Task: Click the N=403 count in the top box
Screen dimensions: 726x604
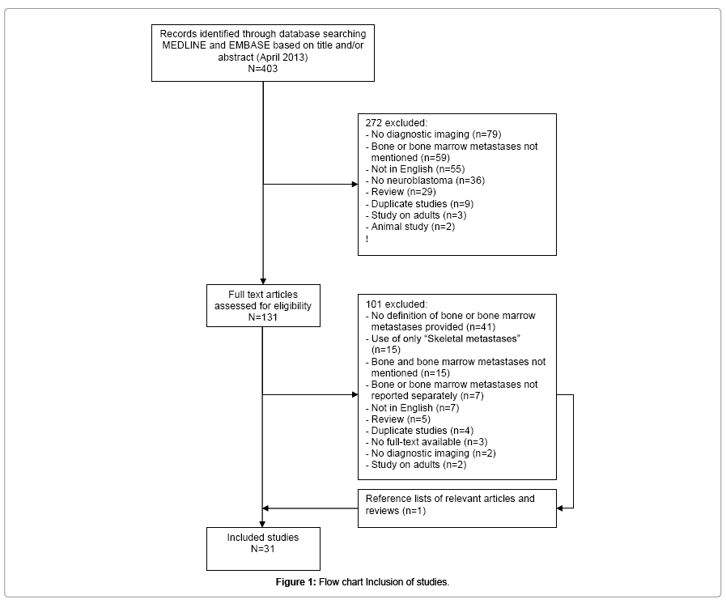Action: [x=262, y=69]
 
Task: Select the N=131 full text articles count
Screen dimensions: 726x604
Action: [x=262, y=317]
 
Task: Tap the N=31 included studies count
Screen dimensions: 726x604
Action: [x=262, y=549]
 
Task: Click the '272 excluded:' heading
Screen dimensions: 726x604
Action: [x=397, y=123]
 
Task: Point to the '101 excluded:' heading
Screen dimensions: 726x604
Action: [x=397, y=304]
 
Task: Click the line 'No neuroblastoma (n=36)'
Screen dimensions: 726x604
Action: [x=425, y=181]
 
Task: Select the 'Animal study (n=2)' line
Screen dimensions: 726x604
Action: [x=410, y=227]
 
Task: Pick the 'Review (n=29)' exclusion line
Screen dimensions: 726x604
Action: [x=401, y=192]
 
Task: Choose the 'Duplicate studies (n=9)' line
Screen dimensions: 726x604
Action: [x=419, y=204]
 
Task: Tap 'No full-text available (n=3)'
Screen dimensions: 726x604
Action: [x=427, y=442]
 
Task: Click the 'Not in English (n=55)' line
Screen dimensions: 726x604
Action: [x=415, y=169]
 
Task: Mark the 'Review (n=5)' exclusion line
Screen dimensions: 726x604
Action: [x=397, y=419]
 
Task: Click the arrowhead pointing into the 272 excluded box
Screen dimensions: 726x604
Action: [x=355, y=185]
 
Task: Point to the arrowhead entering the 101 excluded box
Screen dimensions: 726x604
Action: [x=355, y=394]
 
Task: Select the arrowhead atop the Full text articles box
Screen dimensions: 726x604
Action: [x=263, y=281]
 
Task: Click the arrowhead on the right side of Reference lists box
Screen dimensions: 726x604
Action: [x=559, y=508]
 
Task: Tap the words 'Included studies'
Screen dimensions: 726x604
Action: [x=262, y=538]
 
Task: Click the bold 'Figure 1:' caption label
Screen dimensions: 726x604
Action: [x=296, y=582]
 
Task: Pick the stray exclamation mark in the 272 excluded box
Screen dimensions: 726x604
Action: [x=367, y=239]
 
